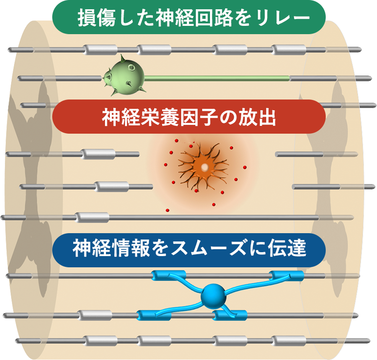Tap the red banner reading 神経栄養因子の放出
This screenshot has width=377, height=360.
pyautogui.click(x=188, y=117)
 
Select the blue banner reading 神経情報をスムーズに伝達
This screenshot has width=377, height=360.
pyautogui.click(x=188, y=250)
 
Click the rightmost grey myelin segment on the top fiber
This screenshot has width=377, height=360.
pyautogui.click(x=288, y=50)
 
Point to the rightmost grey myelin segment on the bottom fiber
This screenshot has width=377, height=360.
pyautogui.click(x=288, y=340)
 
